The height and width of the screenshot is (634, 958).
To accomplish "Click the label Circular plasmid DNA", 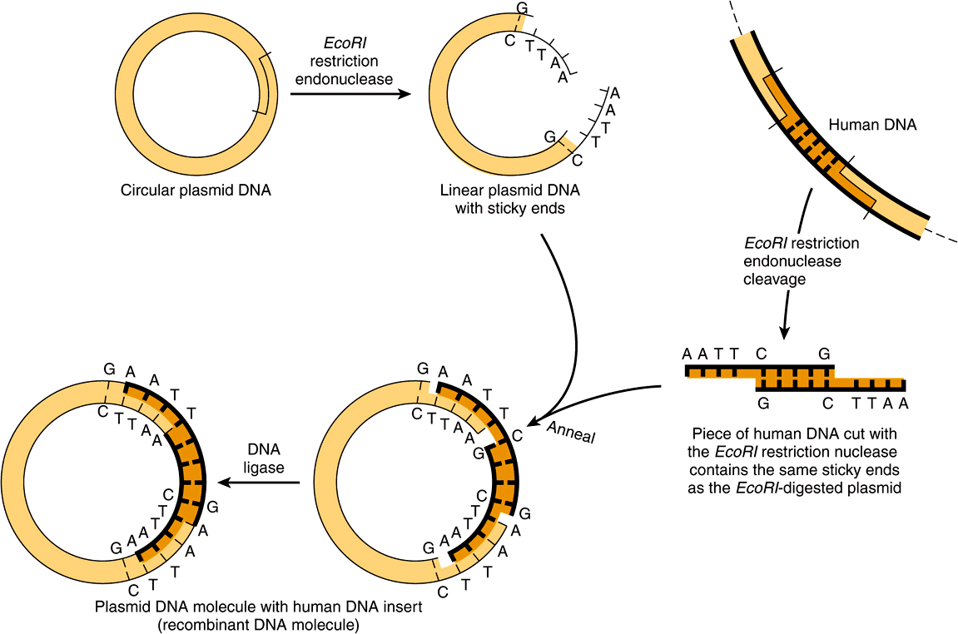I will coord(196,191).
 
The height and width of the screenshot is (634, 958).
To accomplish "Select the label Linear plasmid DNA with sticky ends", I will coord(509,199).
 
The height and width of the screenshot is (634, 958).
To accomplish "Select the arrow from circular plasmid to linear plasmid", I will coord(350,94).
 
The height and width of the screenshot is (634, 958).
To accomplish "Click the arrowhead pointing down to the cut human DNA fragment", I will coord(784,333).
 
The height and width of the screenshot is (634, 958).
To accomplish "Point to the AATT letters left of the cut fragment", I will coord(710,354).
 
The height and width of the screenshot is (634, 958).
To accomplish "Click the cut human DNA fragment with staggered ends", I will coord(795,378).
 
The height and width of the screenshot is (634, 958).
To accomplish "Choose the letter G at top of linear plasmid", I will coord(522,8).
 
